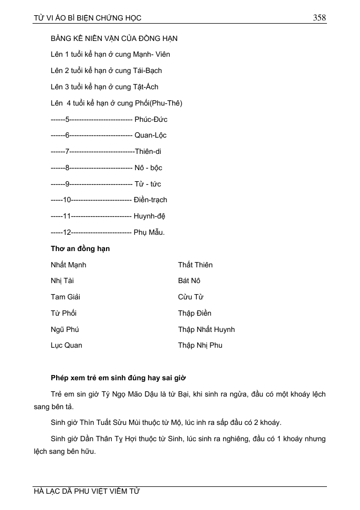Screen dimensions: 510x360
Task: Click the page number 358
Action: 320,18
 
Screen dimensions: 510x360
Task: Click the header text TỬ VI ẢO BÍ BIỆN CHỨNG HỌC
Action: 87,18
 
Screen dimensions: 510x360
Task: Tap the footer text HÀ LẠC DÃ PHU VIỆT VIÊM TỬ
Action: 87,492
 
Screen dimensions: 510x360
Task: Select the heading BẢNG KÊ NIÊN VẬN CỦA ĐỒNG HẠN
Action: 114,38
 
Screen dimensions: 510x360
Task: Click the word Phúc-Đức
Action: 151,119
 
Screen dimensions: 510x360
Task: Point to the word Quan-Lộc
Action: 151,135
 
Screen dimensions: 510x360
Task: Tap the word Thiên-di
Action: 148,151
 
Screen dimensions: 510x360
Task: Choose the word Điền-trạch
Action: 151,200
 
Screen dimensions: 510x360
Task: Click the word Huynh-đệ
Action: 150,216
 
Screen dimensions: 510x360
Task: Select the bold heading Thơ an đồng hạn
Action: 80,248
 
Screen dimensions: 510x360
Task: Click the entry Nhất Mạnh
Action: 68,265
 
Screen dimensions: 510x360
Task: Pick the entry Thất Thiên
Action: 195,265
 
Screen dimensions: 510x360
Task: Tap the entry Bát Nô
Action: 189,281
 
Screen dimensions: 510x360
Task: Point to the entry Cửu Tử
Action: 190,297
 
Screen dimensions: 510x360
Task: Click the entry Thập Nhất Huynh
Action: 206,329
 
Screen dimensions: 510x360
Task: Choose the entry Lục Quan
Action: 66,345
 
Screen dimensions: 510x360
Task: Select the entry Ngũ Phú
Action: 65,329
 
